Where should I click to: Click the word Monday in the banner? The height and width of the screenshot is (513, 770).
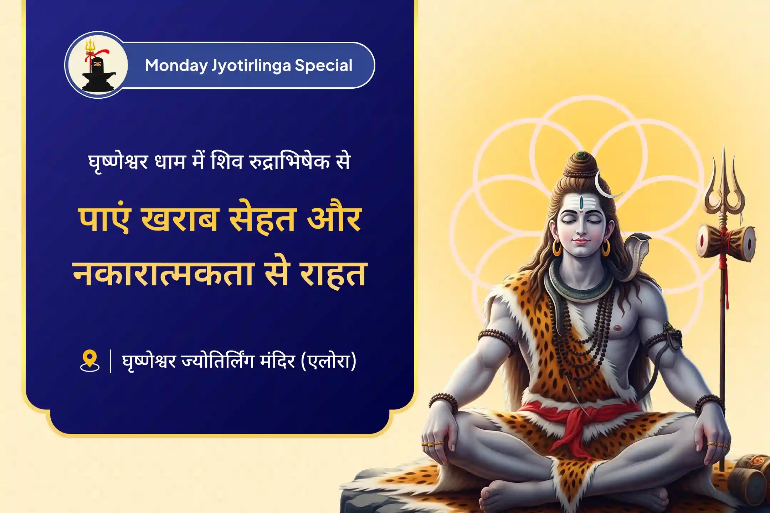[x=176, y=66]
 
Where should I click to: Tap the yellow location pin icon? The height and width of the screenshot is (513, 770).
[x=89, y=361]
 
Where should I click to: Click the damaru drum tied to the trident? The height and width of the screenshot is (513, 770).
[x=726, y=240]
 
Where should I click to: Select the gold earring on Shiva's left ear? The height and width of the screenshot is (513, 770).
[x=606, y=248]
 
